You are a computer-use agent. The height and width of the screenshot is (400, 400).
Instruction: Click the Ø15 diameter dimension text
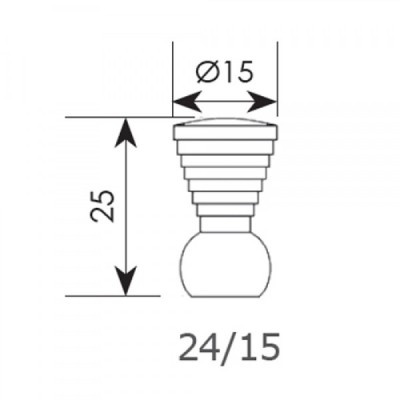(x=223, y=71)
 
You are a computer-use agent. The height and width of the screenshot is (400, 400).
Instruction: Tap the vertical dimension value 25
(x=102, y=206)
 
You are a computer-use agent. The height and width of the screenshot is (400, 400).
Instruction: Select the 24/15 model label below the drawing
(x=229, y=347)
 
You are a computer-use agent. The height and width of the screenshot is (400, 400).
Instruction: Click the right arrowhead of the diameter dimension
(x=263, y=102)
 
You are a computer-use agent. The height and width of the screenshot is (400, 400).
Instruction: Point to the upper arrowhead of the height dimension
(x=125, y=132)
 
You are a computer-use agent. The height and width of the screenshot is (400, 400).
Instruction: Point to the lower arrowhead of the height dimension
(x=125, y=281)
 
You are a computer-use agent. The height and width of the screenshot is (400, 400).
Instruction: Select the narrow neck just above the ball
(x=225, y=224)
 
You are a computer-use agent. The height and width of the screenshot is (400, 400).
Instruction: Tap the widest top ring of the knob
(x=224, y=132)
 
